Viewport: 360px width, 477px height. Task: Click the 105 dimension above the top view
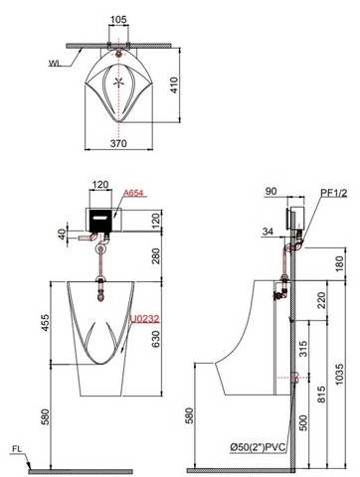tap(118, 20)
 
